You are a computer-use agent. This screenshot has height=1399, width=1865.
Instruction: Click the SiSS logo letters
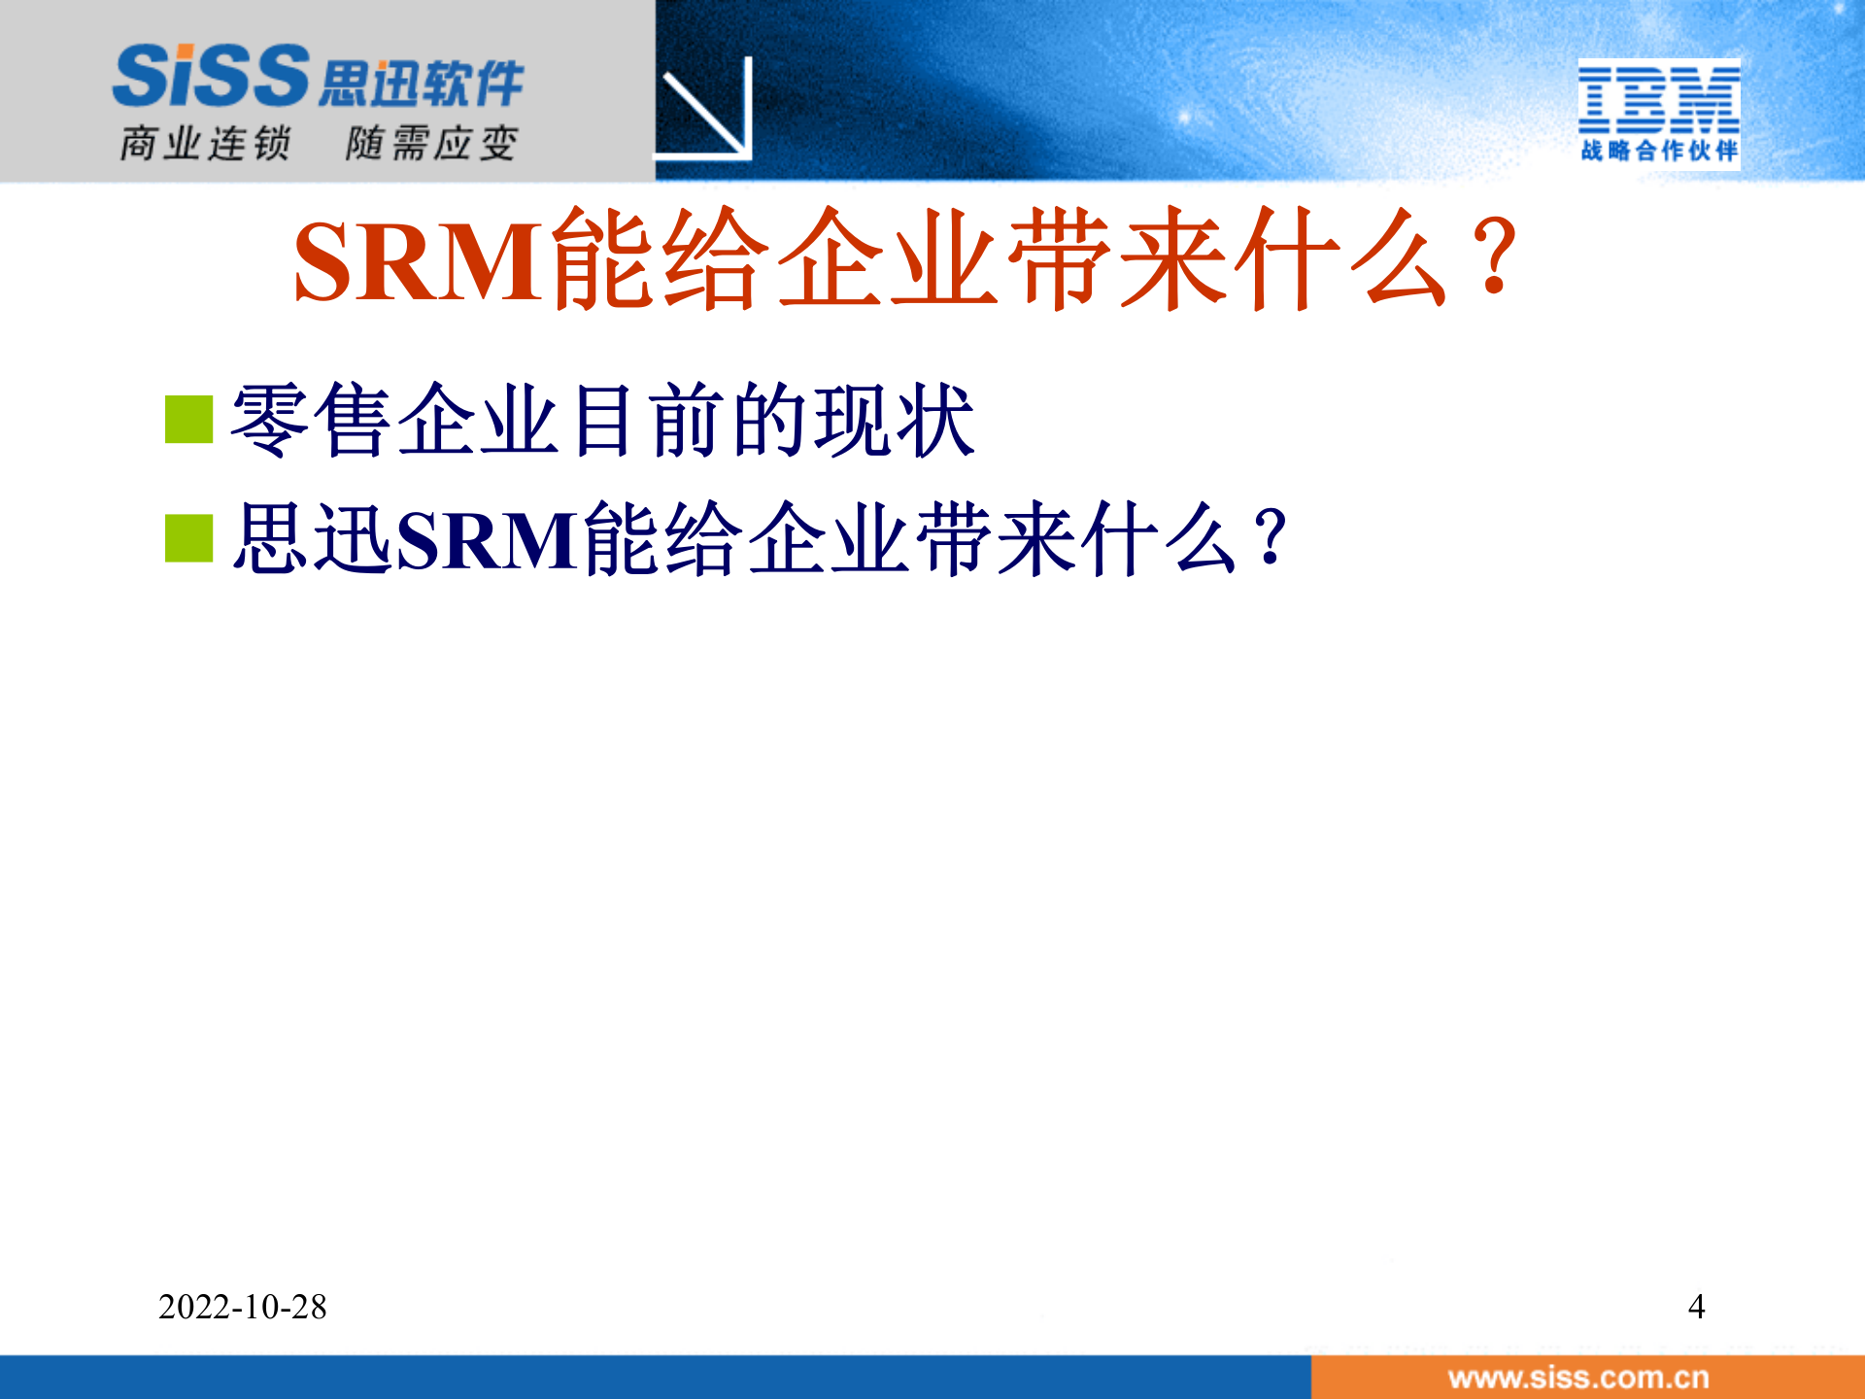[211, 76]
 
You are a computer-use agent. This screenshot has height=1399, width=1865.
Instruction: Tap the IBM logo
[1658, 99]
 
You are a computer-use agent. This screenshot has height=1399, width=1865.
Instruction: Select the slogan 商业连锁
[205, 144]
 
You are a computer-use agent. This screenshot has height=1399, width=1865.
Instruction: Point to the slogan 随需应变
[431, 144]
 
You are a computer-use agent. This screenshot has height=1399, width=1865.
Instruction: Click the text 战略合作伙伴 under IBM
[1658, 151]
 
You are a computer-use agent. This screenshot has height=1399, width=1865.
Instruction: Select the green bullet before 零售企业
[188, 419]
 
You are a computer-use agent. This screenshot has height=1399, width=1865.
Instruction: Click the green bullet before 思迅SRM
[188, 538]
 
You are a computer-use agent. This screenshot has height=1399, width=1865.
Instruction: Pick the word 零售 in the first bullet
[311, 420]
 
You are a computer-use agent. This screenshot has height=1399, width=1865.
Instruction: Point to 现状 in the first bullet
[894, 420]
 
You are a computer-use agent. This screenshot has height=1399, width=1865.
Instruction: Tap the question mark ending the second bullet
[1269, 537]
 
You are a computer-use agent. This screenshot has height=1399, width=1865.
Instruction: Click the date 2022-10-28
[243, 1307]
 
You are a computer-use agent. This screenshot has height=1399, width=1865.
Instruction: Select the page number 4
[1696, 1307]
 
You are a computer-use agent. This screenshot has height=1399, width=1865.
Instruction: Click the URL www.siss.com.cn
[1577, 1378]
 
